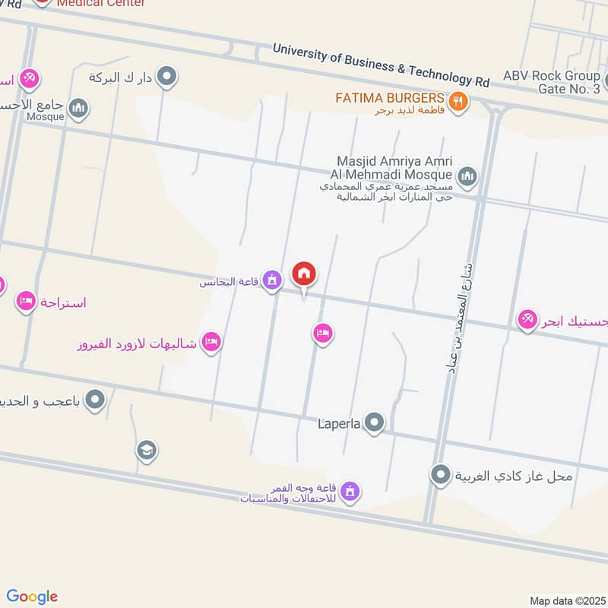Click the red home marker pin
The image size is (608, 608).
click(x=304, y=274)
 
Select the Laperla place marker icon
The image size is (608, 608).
click(x=374, y=422)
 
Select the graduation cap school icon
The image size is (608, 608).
click(x=147, y=451)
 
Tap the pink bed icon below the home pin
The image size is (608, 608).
click(x=323, y=334)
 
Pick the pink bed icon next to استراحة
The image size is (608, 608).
click(x=27, y=302)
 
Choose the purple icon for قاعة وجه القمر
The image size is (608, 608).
click(x=350, y=492)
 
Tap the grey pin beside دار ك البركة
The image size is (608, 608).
click(x=169, y=76)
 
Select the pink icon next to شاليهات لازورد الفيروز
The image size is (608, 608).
click(x=212, y=343)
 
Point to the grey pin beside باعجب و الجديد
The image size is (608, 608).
click(x=95, y=399)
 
